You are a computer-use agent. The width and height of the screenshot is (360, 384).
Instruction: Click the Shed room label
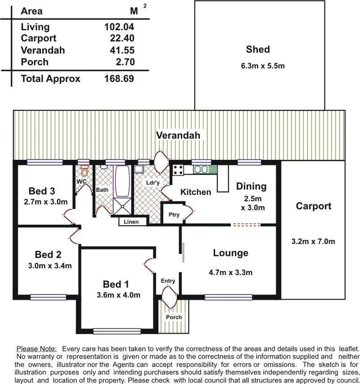258,49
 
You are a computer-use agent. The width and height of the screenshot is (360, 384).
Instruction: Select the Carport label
313,206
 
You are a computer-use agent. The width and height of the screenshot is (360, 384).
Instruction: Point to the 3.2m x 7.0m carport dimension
313,241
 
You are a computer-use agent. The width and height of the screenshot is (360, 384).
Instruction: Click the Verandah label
178,135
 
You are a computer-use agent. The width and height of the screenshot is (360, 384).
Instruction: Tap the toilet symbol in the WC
85,171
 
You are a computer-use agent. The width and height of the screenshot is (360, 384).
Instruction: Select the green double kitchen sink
205,169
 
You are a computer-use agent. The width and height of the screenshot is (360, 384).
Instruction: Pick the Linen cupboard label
131,222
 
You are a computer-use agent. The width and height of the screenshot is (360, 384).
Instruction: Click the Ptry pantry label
174,215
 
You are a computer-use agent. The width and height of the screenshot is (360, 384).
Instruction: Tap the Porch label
174,317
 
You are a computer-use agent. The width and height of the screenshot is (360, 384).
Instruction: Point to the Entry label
168,281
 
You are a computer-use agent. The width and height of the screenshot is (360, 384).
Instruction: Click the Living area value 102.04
119,27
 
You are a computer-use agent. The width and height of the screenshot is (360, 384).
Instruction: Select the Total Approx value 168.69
119,78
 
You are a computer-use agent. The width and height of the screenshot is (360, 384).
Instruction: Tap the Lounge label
230,253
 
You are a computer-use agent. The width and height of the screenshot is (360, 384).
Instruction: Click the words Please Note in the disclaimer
36,348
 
